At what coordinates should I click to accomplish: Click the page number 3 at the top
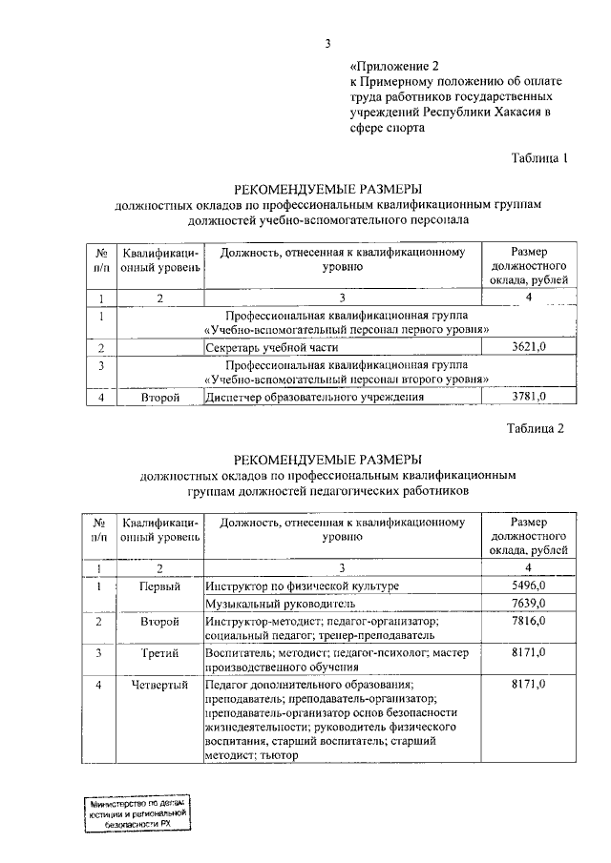[x=327, y=43]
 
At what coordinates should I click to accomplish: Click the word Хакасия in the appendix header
[x=514, y=113]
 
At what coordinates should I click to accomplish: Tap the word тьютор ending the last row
[x=278, y=755]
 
